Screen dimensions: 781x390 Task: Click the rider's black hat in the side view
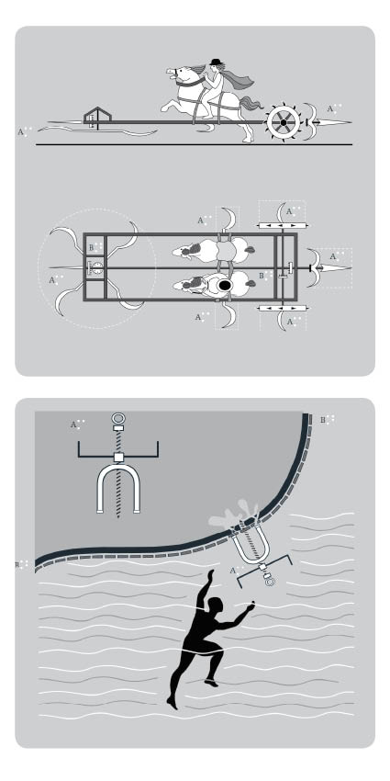coord(216,62)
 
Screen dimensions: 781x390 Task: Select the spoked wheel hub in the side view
coord(282,120)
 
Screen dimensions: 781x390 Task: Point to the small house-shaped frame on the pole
coord(95,116)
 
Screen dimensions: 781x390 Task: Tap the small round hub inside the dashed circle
coord(96,268)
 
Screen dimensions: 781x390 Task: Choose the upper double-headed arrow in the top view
coord(283,223)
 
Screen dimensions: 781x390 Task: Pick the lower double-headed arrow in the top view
coord(283,310)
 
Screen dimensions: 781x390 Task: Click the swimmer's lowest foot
coord(171,705)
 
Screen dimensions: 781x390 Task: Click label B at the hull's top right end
coord(324,420)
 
